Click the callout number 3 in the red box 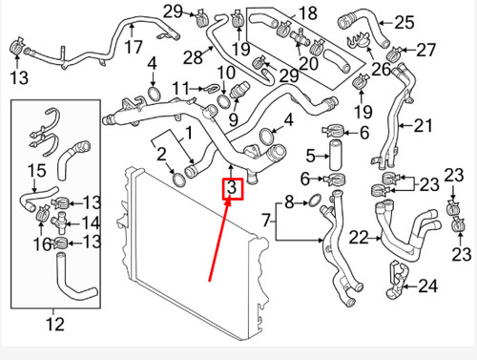[x=231, y=190]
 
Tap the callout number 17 [x=134, y=46]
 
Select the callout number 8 [x=290, y=201]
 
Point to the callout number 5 [x=310, y=156]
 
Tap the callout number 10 [x=227, y=74]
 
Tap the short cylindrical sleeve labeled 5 [x=336, y=156]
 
